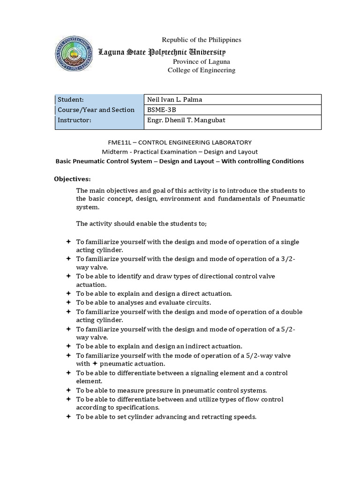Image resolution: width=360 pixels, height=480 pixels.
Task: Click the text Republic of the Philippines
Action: click(x=201, y=40)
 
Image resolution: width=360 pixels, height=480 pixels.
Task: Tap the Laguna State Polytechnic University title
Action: click(x=161, y=52)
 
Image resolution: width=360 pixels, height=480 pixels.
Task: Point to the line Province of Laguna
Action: click(x=202, y=61)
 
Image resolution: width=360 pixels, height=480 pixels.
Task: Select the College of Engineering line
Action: click(x=202, y=70)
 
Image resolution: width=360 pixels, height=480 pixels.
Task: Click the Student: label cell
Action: click(x=98, y=99)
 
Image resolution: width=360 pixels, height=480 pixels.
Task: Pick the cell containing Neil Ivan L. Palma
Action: click(x=232, y=99)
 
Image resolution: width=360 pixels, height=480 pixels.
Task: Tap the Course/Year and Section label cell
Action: click(x=98, y=110)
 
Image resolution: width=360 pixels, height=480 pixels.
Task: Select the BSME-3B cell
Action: click(x=232, y=110)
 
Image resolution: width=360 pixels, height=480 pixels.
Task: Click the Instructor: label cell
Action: click(x=98, y=120)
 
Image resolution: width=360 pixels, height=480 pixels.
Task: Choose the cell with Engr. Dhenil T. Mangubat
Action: click(x=232, y=120)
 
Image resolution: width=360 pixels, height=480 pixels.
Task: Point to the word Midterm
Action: click(x=114, y=151)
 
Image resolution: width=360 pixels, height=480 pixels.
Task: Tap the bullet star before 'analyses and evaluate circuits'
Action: click(x=68, y=302)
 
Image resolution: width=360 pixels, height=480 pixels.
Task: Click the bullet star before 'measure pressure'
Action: click(x=68, y=390)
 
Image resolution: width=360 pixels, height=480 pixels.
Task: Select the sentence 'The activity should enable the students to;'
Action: click(x=141, y=223)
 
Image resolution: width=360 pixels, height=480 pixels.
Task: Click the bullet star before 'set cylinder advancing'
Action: click(x=68, y=416)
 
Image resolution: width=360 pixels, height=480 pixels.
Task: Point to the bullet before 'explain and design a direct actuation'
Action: click(x=68, y=293)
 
